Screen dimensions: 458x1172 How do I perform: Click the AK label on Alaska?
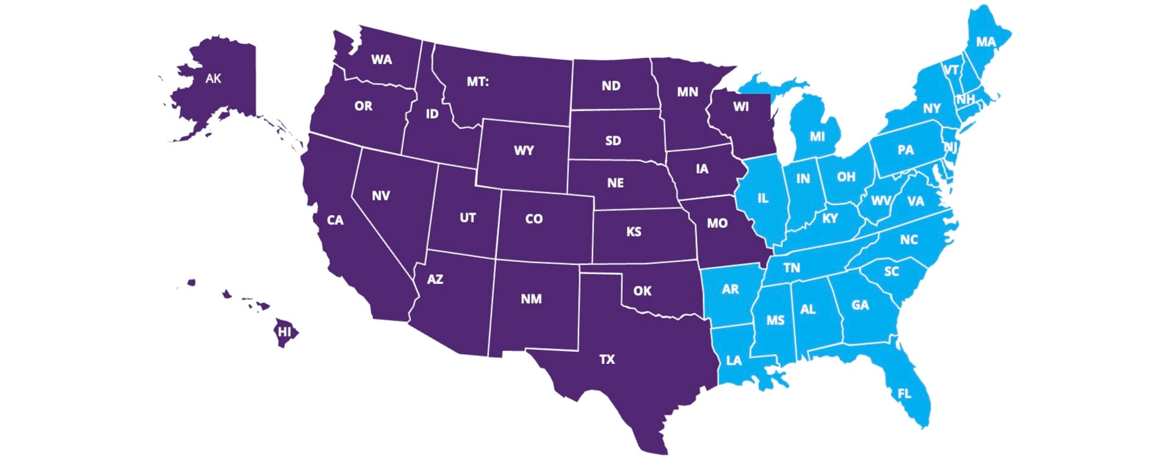tap(213, 78)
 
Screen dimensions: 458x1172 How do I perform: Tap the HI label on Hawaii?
tap(284, 332)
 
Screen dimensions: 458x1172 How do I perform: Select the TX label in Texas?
tap(607, 359)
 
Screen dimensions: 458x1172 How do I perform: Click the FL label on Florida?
tap(904, 394)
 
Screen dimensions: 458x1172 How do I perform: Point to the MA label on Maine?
tap(986, 42)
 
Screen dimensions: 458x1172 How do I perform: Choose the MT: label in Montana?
tap(477, 81)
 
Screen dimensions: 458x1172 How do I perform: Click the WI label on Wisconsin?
tap(741, 106)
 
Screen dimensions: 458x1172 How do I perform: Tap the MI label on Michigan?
tap(817, 136)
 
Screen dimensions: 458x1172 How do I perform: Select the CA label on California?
tap(335, 220)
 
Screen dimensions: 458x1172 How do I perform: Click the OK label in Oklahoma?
tap(642, 291)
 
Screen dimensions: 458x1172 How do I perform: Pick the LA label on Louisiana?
tap(734, 360)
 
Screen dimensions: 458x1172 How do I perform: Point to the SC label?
tap(892, 271)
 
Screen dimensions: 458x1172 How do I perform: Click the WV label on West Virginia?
tap(880, 200)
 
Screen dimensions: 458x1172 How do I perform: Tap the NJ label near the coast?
tap(950, 147)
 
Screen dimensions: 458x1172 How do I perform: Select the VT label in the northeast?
tap(951, 70)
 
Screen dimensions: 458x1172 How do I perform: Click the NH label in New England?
tap(966, 99)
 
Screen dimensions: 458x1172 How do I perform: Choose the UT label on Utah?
tap(468, 217)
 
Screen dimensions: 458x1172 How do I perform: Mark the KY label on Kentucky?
tap(830, 218)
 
